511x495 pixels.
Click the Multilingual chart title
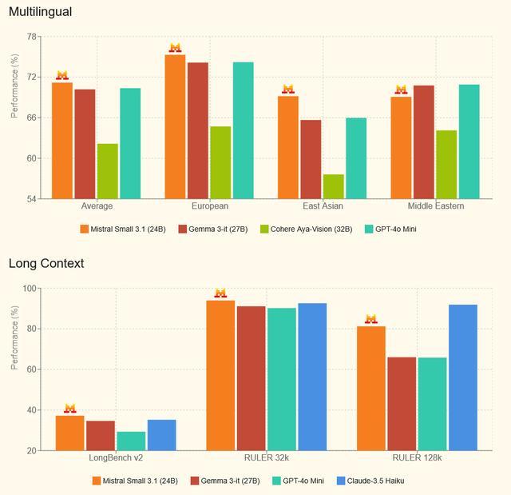coord(40,11)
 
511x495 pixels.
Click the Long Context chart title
coord(46,263)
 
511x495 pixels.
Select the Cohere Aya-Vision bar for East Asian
coord(334,186)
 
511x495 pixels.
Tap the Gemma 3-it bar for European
coord(198,130)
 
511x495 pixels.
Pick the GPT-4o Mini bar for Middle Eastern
coord(469,142)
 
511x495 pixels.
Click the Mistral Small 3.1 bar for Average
coord(62,141)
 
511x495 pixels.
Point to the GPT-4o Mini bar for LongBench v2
coord(131,441)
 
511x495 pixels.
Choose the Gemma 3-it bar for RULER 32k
coord(251,378)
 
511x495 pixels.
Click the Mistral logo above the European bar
coord(175,48)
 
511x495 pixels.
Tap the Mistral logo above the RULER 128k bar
coord(371,319)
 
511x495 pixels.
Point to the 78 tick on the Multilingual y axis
coord(31,37)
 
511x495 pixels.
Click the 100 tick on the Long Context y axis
coord(30,289)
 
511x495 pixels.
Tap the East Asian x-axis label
coord(322,206)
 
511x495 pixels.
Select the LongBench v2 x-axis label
coord(115,458)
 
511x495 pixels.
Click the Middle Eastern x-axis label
coord(435,206)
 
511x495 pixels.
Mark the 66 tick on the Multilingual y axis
coord(31,118)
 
